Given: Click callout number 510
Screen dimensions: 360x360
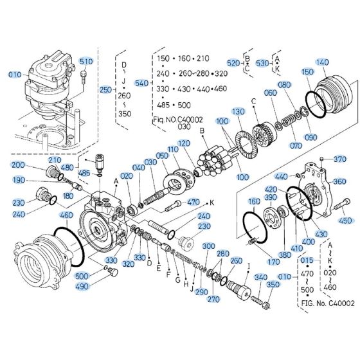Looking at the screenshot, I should (86, 61).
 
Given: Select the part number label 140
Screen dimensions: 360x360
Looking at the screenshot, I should (322, 62).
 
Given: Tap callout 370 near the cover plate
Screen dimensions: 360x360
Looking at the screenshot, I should (340, 159).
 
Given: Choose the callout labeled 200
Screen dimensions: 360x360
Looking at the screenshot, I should (18, 165).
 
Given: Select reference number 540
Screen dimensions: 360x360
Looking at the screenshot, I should (139, 82).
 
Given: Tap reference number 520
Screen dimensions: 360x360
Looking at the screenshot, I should (232, 63).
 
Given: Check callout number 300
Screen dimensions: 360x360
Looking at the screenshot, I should (209, 246).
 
